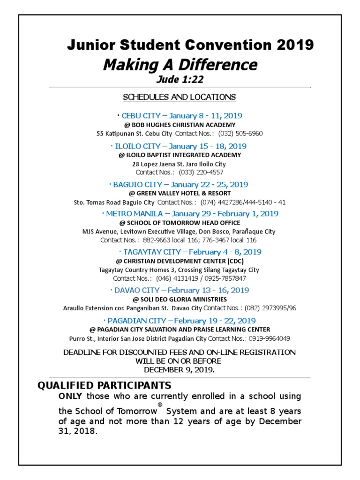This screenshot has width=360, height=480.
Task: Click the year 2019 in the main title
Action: [295, 45]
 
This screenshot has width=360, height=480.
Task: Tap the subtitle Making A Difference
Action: [180, 65]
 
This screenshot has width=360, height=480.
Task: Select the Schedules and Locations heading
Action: [180, 97]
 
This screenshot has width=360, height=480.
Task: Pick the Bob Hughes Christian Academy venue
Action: [180, 125]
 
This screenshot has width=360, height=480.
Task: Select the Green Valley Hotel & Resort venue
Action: [180, 193]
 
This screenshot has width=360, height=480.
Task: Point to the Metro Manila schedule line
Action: [190, 214]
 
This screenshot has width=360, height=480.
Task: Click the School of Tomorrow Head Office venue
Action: [180, 223]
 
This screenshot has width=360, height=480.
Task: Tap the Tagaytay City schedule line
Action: [190, 252]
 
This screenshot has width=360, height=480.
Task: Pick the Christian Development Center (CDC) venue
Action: [180, 261]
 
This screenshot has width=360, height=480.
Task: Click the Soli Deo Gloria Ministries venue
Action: [180, 299]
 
